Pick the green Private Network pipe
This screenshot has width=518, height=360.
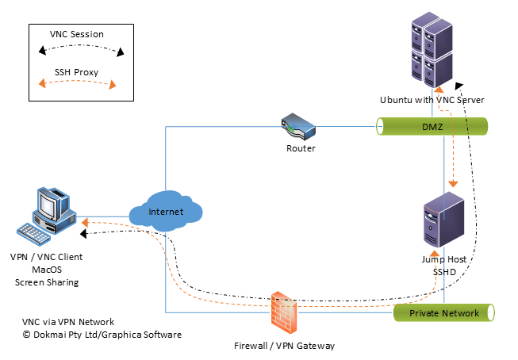click(444, 313)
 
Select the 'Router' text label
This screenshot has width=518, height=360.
click(301, 148)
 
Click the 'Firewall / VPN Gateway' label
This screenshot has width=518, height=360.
click(285, 346)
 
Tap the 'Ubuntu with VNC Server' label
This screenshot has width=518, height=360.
click(432, 100)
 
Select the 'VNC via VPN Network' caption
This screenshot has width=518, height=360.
click(68, 322)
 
